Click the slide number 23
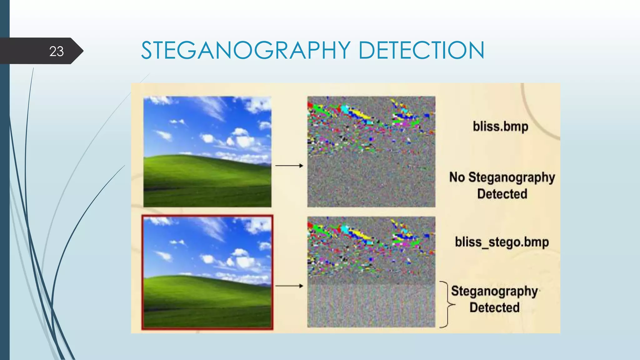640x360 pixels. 56,51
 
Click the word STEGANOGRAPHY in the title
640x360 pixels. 246,50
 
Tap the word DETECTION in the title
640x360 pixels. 421,50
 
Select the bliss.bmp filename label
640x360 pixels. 500,127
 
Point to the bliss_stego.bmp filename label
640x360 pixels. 502,242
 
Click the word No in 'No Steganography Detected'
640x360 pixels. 457,177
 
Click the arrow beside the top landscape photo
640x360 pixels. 289,166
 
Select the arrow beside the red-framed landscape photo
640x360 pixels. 289,286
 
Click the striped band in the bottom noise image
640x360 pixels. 371,305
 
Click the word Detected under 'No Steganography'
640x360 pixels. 502,194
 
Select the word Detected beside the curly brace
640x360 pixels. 494,307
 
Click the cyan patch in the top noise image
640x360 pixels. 345,109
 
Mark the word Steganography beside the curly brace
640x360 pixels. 494,291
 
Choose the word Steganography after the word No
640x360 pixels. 512,177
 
